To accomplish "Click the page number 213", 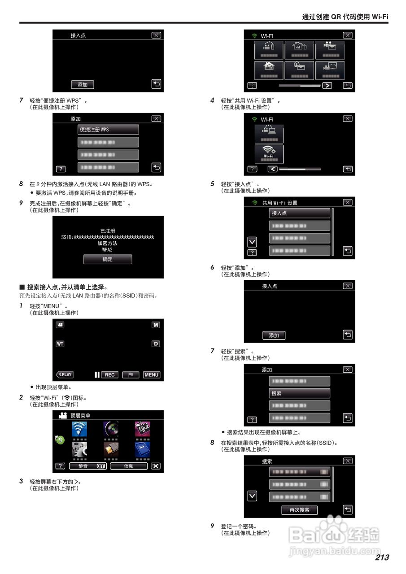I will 382,557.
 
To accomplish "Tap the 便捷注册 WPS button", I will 108,130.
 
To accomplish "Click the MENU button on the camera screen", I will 152,375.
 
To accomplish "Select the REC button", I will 110,375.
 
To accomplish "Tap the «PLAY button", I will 65,375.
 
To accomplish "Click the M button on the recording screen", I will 156,325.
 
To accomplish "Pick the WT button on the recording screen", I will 60,344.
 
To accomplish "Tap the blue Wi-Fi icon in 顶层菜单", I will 80,429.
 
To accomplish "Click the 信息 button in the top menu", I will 129,466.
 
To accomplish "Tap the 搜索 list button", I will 299,393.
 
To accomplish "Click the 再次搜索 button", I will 299,510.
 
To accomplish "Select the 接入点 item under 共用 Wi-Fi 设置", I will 299,213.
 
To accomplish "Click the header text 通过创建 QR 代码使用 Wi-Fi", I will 345,17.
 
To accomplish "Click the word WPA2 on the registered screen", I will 108,249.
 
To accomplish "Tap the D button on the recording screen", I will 156,344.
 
